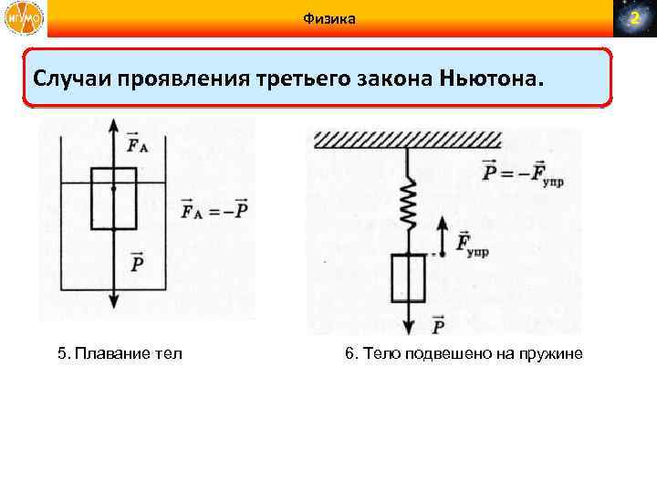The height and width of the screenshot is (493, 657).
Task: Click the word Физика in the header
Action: pyautogui.click(x=328, y=19)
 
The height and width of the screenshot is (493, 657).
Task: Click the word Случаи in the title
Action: pyautogui.click(x=72, y=79)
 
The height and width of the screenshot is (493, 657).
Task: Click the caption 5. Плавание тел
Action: pyautogui.click(x=118, y=353)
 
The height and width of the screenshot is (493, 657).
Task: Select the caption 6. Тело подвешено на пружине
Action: pyautogui.click(x=464, y=353)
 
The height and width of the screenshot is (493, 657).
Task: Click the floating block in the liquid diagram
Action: pyautogui.click(x=113, y=198)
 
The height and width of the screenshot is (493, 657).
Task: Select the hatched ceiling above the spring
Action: pyautogui.click(x=407, y=140)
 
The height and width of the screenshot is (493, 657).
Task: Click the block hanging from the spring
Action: pyautogui.click(x=408, y=278)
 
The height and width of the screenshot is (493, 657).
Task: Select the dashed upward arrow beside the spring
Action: pyautogui.click(x=442, y=235)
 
